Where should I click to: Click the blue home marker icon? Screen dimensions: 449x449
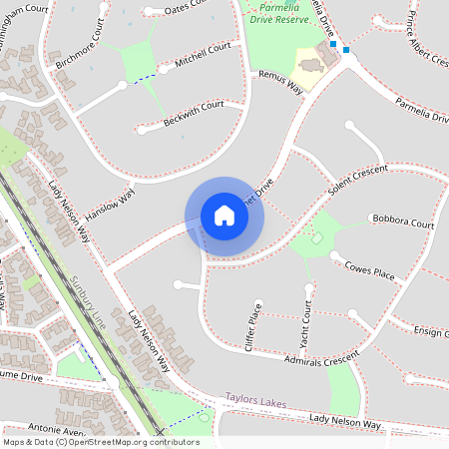coord(224,215)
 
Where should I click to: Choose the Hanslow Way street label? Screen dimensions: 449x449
coord(110,204)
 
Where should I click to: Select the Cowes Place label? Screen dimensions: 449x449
coord(369,269)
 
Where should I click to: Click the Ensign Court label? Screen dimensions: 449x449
coord(431,332)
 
